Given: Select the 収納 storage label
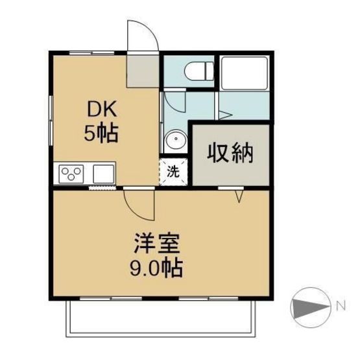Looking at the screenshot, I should tap(230, 154).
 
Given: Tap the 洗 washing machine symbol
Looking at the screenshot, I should tap(173, 172).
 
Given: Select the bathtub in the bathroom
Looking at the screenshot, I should tap(244, 72).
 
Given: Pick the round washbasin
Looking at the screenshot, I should tap(175, 141).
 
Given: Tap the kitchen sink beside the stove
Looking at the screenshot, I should tap(103, 174).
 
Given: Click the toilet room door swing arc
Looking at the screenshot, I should tap(174, 101).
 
